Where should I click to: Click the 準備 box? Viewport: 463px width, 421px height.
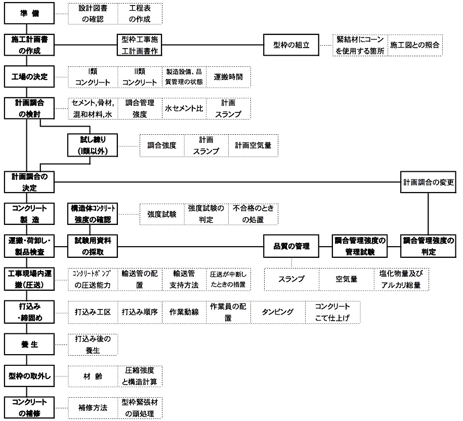coord(29,13)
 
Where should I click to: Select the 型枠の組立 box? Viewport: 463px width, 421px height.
coord(291,45)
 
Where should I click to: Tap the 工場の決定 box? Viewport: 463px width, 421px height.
coord(29,77)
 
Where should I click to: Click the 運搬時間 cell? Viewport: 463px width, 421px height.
coord(229,77)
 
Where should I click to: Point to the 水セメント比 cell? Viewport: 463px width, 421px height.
coord(184,108)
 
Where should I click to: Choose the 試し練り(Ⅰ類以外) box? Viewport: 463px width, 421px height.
coord(93,145)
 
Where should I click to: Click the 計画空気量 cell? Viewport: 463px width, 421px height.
coord(254,145)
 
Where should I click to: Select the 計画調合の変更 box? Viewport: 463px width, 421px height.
coord(428,182)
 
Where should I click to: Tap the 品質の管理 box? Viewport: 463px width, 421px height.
coord(291,246)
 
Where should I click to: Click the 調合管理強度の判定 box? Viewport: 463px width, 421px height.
coord(428,246)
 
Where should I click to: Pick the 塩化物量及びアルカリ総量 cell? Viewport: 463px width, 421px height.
coord(401,279)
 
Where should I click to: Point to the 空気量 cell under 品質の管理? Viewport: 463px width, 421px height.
coord(347,279)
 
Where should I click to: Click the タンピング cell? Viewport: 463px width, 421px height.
coord(278,312)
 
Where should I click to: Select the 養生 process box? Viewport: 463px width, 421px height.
coord(29,345)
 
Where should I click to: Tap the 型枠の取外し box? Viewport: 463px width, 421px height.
coord(29,376)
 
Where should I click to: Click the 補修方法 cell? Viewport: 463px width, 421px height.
coord(93,408)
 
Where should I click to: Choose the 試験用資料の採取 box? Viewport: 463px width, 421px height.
coord(93,246)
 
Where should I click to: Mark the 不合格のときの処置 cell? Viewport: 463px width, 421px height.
coord(254,214)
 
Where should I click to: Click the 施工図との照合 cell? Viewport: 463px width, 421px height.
coord(415,45)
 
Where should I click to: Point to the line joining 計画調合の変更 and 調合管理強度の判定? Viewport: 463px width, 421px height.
coord(428,214)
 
